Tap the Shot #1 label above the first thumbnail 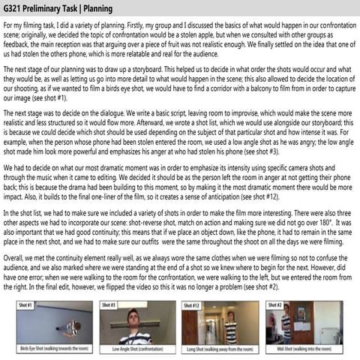[24, 305]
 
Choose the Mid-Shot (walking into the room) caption [304, 349]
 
